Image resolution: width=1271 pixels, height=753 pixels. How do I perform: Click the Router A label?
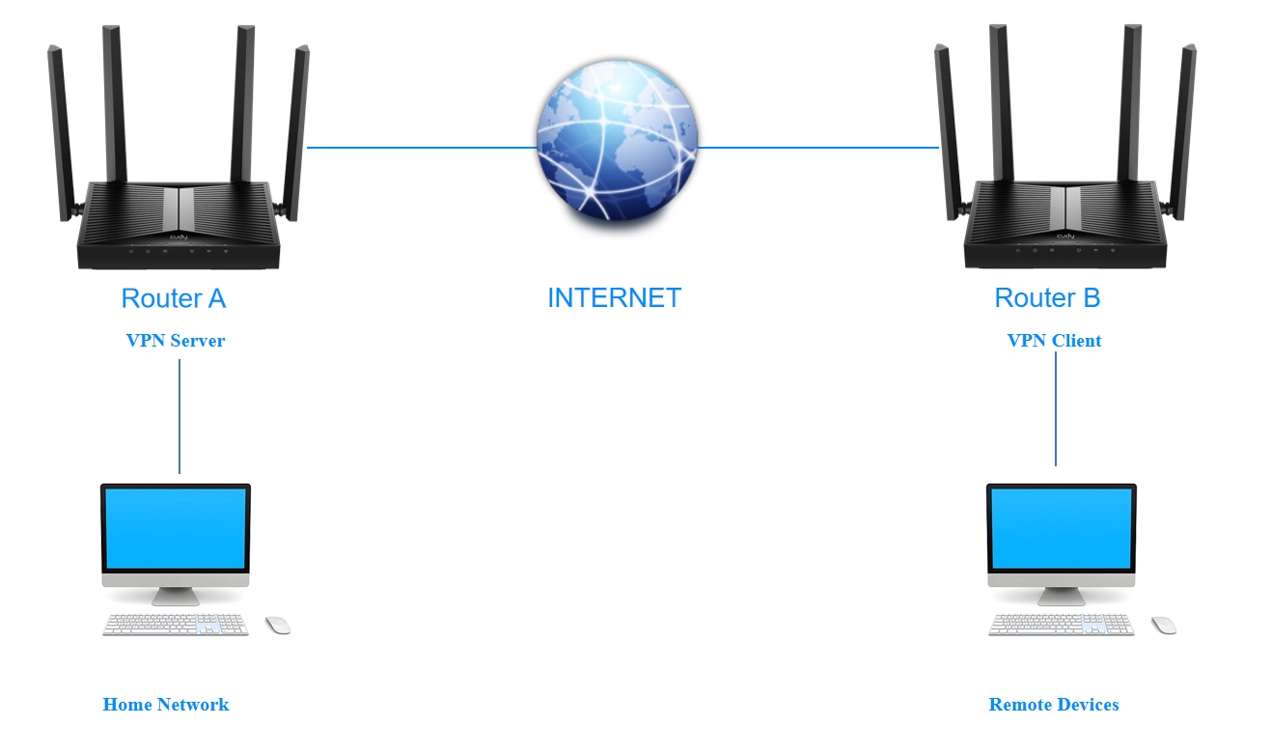click(x=174, y=298)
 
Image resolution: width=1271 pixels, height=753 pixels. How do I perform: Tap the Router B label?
click(x=1047, y=298)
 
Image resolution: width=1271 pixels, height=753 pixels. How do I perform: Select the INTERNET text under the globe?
click(x=615, y=298)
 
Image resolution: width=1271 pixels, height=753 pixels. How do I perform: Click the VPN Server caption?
click(x=176, y=341)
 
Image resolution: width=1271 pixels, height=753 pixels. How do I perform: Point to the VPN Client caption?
click(x=1054, y=341)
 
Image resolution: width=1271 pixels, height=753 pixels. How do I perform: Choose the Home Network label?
click(x=166, y=704)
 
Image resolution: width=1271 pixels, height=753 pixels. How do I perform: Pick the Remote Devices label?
click(x=1054, y=704)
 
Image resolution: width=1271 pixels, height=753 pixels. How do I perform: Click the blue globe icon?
click(x=618, y=140)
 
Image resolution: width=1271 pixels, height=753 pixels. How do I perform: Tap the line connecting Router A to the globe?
click(x=422, y=148)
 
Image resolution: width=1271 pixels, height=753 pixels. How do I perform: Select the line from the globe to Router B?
click(x=818, y=148)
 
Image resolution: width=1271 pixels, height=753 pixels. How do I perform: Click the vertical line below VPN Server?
click(x=180, y=416)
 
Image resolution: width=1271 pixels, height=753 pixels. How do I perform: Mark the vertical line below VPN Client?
click(x=1056, y=408)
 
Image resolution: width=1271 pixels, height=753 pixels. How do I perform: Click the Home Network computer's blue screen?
click(x=176, y=528)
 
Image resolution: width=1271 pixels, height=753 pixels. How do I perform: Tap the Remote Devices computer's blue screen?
click(x=1062, y=528)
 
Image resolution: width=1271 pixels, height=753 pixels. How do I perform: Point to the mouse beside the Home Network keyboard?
click(x=278, y=626)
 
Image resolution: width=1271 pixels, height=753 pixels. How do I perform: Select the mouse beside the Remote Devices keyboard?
click(x=1164, y=626)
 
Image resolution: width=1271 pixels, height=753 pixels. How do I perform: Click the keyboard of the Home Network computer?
click(x=176, y=625)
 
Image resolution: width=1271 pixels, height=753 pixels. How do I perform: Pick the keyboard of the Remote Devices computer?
click(x=1061, y=625)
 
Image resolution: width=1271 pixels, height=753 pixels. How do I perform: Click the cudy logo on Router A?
click(x=179, y=237)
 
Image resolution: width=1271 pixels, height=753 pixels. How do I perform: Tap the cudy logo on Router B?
click(x=1065, y=236)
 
